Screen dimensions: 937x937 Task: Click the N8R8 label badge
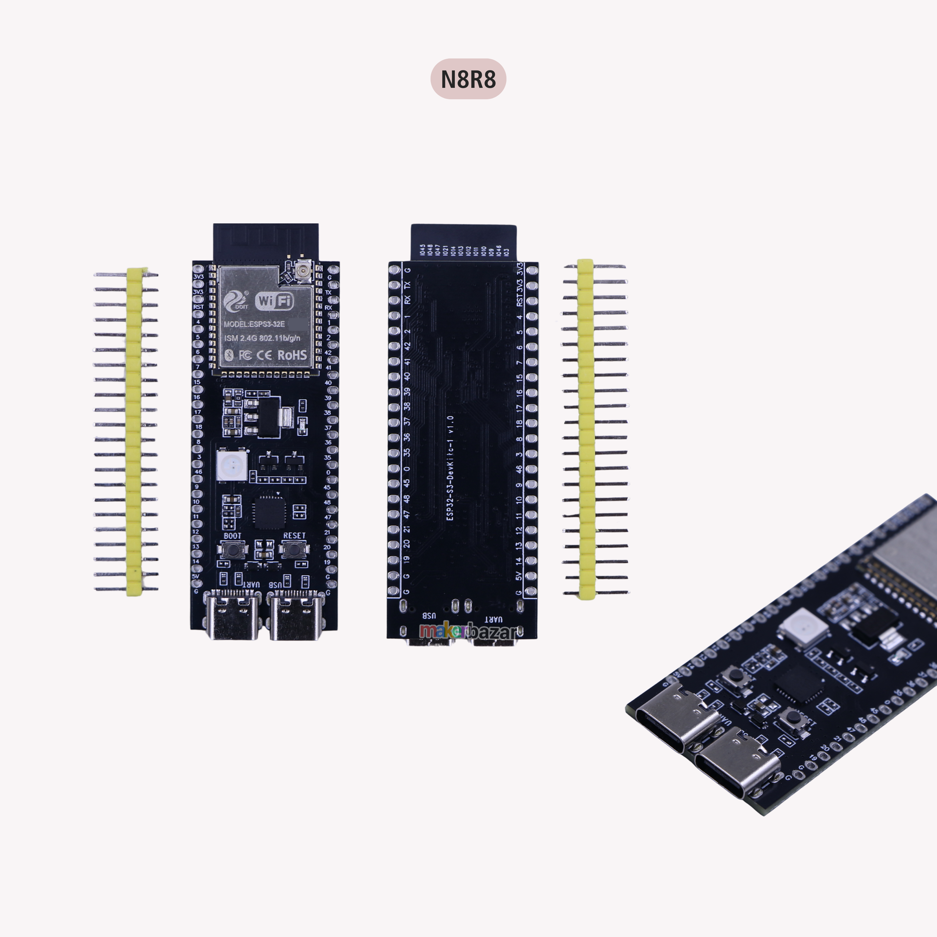[x=468, y=79]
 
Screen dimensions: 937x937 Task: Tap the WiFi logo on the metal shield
[x=275, y=301]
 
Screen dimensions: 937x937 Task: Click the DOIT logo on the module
[x=235, y=301]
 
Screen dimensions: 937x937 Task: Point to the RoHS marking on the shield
[x=292, y=355]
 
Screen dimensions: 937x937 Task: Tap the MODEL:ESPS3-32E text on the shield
[x=254, y=324]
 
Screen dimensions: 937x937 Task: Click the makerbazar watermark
[x=468, y=631]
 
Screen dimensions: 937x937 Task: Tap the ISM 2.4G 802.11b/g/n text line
[x=262, y=338]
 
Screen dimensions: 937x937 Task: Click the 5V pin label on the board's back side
[x=518, y=576]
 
